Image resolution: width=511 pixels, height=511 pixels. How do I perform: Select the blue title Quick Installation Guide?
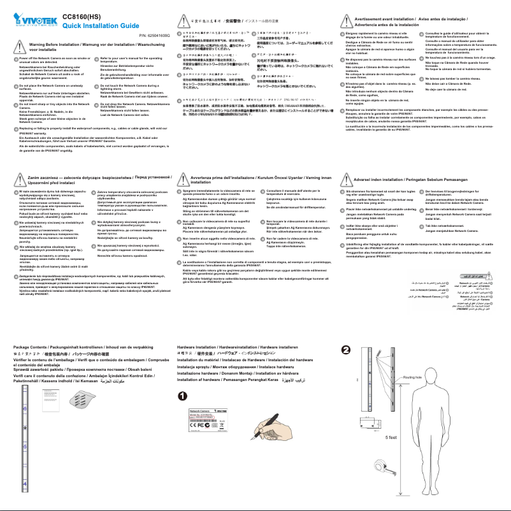101,25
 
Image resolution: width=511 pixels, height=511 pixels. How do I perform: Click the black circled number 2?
345,350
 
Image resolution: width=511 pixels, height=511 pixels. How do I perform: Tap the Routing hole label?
413,377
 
